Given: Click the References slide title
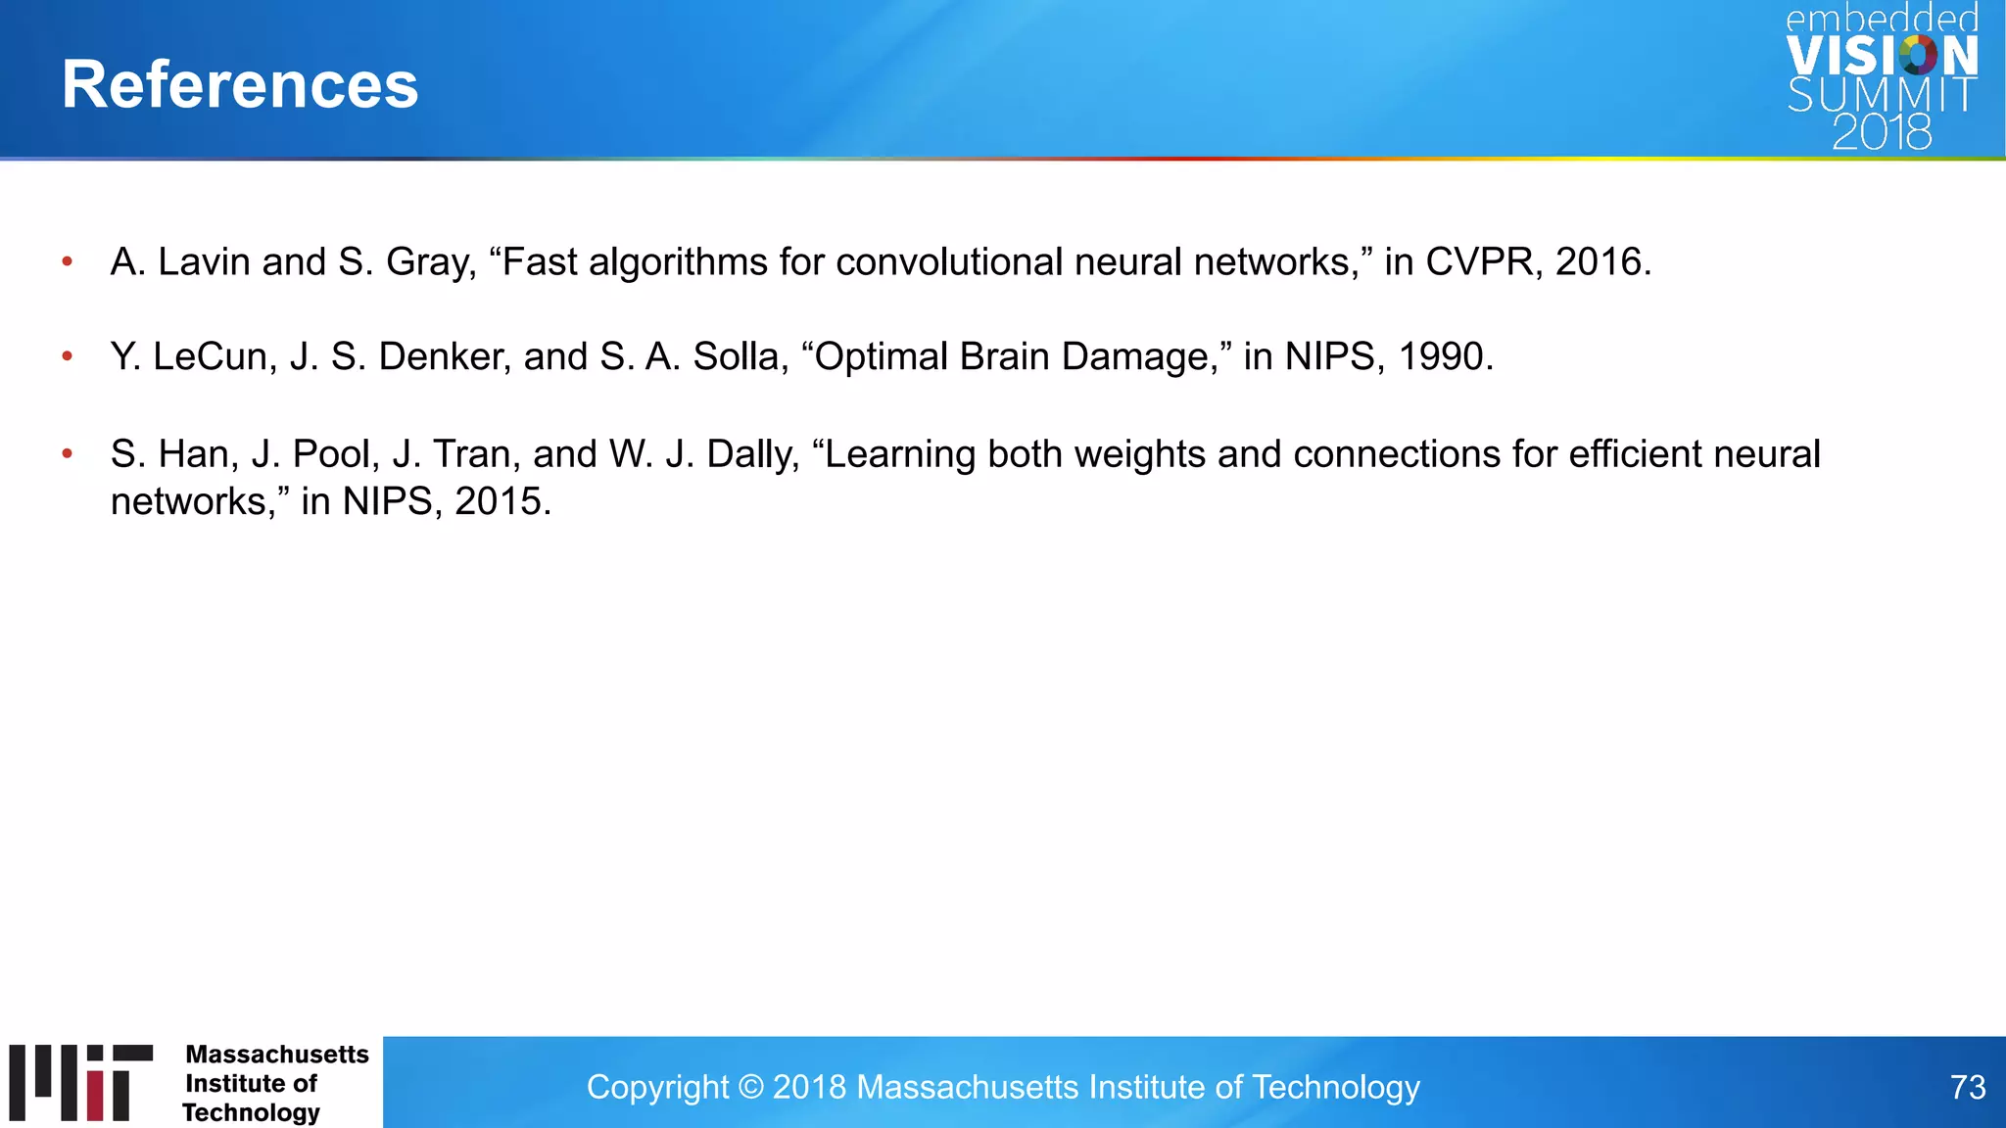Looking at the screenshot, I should point(240,84).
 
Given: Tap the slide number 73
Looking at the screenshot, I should point(1967,1087).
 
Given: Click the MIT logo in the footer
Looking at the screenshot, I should point(81,1082).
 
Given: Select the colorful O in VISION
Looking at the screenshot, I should point(1917,56).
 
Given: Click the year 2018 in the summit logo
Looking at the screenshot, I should point(1882,133).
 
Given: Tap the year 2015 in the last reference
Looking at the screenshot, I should point(498,501).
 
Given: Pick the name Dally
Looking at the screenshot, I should point(752,454).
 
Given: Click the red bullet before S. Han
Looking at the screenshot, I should point(68,453).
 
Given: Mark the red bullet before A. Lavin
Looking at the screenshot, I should point(68,261).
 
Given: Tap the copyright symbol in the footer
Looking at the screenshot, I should point(750,1087).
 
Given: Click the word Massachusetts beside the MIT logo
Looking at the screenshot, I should point(277,1055).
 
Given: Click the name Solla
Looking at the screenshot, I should point(740,356).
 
